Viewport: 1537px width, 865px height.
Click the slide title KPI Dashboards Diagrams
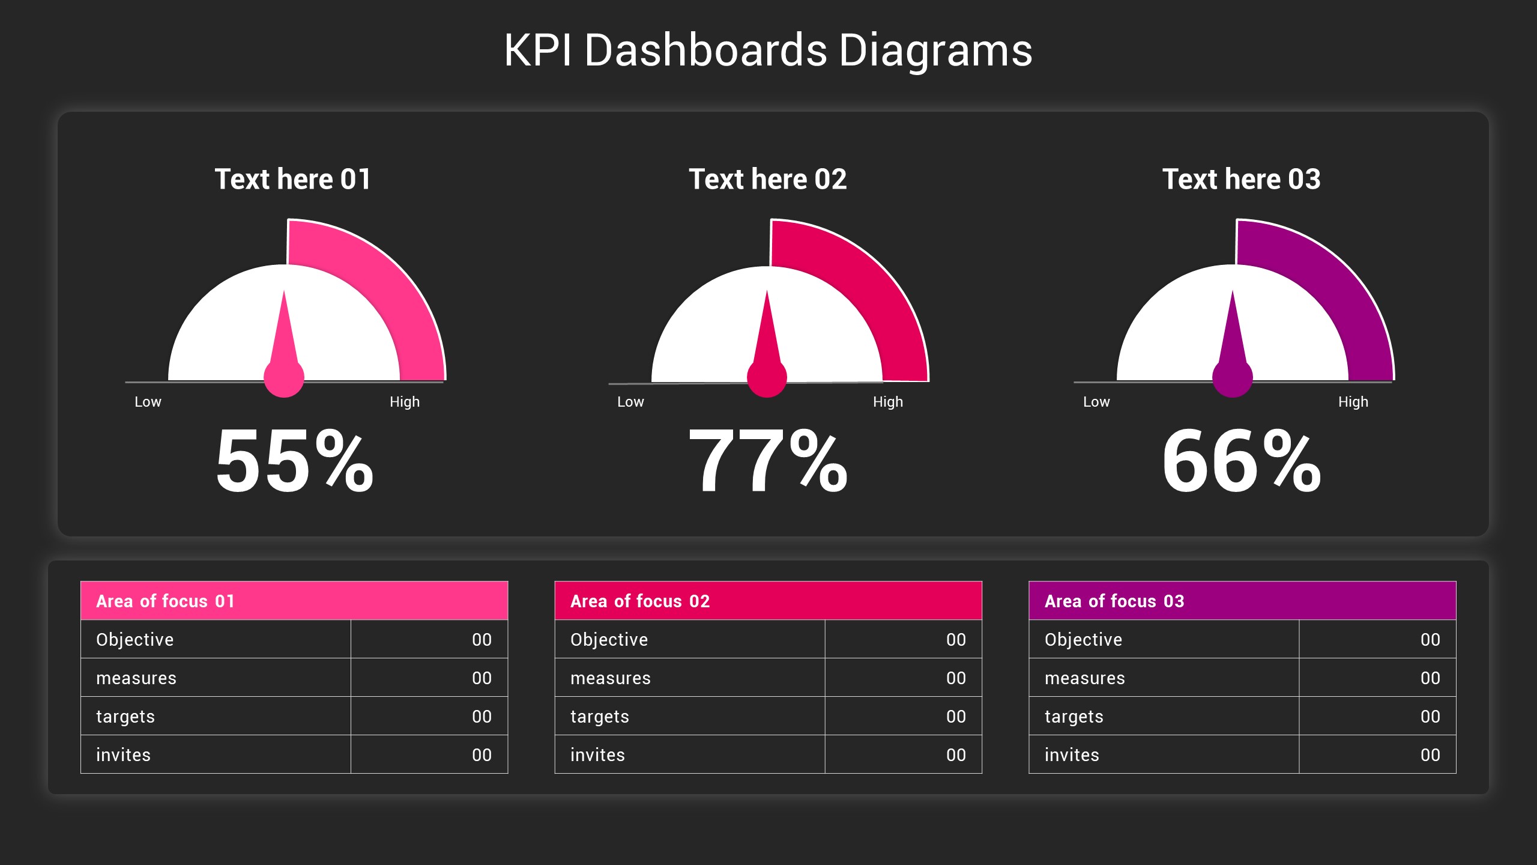click(768, 50)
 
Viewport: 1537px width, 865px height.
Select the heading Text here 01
click(293, 180)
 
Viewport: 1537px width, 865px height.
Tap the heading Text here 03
click(1241, 180)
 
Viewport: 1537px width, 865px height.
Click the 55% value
click(294, 461)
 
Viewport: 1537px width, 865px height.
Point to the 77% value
click(768, 461)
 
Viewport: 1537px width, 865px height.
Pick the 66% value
click(1241, 461)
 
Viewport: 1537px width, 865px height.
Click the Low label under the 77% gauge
click(630, 402)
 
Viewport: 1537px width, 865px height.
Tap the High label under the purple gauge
click(1353, 402)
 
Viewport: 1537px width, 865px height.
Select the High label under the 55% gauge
click(405, 402)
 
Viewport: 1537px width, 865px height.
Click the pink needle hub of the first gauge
click(284, 378)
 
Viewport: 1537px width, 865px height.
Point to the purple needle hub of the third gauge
click(1233, 378)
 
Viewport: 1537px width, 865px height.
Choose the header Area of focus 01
click(166, 601)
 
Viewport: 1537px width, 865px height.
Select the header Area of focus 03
click(1114, 601)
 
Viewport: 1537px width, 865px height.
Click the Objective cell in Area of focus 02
click(609, 640)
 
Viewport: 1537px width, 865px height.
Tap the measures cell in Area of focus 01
click(136, 678)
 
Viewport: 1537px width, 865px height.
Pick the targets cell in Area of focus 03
click(1074, 717)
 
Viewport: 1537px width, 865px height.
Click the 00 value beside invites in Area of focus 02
click(956, 755)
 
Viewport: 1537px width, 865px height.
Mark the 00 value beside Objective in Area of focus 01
click(482, 640)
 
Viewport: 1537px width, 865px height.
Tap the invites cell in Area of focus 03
click(1072, 755)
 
